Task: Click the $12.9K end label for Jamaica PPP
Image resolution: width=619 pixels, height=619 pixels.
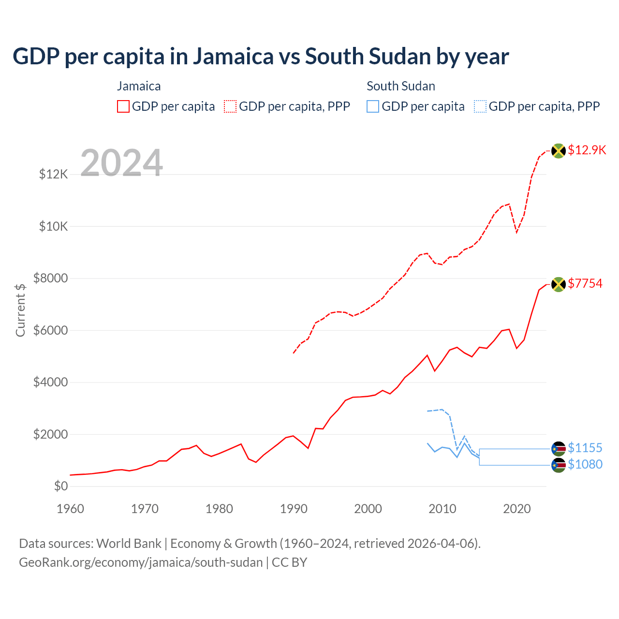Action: point(587,150)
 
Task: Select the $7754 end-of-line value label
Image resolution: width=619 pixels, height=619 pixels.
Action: point(585,283)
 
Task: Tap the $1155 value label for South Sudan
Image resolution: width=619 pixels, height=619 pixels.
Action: point(585,448)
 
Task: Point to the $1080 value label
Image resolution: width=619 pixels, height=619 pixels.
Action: point(585,464)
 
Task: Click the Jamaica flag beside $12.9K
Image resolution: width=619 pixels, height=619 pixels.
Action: point(559,151)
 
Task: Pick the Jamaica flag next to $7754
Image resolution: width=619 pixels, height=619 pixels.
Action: point(559,284)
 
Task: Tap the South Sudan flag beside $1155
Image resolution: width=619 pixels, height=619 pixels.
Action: point(559,449)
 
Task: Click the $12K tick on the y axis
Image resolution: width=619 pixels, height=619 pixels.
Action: point(54,174)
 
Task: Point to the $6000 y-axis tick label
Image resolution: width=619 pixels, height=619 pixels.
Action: point(50,330)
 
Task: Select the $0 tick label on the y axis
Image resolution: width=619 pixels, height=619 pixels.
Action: point(60,486)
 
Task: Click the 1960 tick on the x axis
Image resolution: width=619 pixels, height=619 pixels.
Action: point(71,509)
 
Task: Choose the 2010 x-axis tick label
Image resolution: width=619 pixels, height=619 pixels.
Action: point(442,509)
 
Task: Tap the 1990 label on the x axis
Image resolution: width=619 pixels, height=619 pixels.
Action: point(294,509)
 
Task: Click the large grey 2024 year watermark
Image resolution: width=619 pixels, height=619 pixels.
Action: point(121,163)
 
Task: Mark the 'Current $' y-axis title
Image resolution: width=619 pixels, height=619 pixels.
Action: point(20,310)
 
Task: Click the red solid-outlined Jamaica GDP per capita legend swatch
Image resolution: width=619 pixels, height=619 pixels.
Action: point(123,106)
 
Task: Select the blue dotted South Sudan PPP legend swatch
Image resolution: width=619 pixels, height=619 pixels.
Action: point(480,106)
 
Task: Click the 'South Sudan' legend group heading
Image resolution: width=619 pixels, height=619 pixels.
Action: point(401,86)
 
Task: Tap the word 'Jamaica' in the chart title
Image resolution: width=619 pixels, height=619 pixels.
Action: point(234,57)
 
